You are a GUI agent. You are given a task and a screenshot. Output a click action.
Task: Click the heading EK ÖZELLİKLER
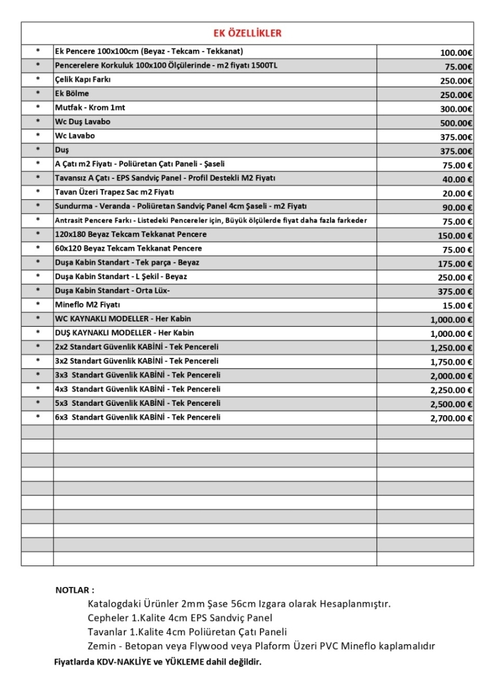click(248, 33)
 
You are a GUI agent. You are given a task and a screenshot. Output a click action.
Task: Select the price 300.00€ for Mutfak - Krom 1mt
click(456, 109)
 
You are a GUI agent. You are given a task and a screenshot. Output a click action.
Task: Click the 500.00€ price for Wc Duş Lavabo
click(456, 123)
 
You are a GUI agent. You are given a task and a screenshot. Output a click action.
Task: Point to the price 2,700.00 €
click(451, 418)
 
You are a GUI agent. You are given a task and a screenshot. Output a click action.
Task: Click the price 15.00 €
click(457, 306)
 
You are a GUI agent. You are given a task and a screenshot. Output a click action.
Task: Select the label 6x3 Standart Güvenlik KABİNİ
click(138, 417)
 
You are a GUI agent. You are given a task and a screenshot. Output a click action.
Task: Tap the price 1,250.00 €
click(451, 348)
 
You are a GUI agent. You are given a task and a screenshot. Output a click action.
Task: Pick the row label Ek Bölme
click(72, 94)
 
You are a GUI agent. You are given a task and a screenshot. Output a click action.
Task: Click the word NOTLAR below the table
click(74, 590)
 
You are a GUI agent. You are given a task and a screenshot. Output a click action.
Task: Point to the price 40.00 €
click(457, 179)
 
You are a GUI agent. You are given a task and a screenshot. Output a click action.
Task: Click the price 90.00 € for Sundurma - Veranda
click(457, 208)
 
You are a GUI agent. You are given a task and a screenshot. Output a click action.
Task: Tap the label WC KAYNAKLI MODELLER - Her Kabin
click(123, 319)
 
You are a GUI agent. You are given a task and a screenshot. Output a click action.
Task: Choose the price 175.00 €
click(455, 264)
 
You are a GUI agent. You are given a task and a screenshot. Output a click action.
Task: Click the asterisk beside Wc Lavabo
click(38, 136)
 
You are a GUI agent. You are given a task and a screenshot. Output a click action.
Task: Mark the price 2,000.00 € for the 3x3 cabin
click(451, 376)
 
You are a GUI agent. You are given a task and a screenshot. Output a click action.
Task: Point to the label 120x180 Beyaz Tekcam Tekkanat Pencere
click(130, 234)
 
